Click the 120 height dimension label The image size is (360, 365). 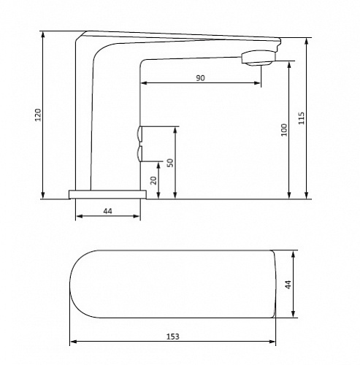tap(39, 115)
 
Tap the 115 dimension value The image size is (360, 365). tap(302, 118)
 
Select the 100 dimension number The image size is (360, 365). tap(284, 130)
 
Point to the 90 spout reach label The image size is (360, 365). tap(201, 78)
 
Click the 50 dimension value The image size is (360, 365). tap(170, 163)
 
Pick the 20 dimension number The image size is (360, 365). tap(153, 180)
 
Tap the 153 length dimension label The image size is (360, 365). tap(173, 337)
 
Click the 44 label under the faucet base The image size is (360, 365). tap(107, 211)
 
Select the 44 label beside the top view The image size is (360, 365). tap(288, 285)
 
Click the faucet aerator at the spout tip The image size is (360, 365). tap(258, 58)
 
